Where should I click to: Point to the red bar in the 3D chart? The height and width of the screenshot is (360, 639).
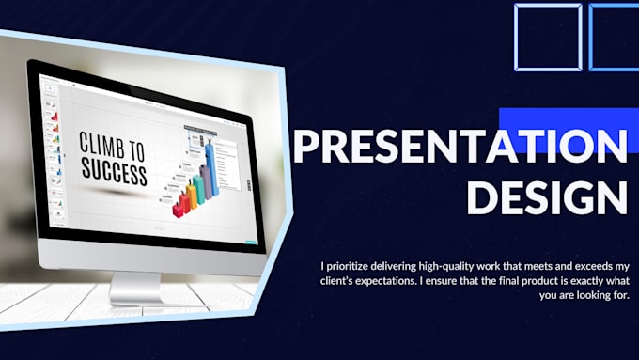[x=181, y=202]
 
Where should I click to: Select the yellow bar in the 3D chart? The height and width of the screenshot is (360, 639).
[x=191, y=195]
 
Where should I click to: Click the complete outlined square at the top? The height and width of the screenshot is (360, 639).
[x=548, y=37]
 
